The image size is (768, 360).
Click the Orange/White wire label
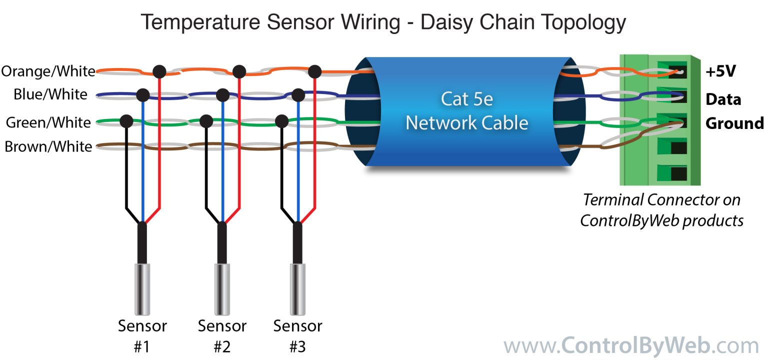click(x=48, y=71)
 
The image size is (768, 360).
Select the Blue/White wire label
click(x=50, y=94)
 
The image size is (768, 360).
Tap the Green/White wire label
click(x=48, y=122)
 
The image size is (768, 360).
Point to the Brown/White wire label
click(x=48, y=146)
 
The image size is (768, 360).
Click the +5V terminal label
click(x=720, y=71)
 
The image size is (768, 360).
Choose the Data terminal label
click(x=723, y=99)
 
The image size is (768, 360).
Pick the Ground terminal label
click(x=734, y=123)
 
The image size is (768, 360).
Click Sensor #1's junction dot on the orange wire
click(x=159, y=71)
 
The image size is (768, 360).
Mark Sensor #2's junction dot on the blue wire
click(x=222, y=94)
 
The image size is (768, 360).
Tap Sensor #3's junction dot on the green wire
click(x=282, y=120)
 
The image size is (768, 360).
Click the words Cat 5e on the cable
click(x=466, y=99)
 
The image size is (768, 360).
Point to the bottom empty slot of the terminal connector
click(x=677, y=173)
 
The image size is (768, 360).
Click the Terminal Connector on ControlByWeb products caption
click(x=661, y=210)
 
